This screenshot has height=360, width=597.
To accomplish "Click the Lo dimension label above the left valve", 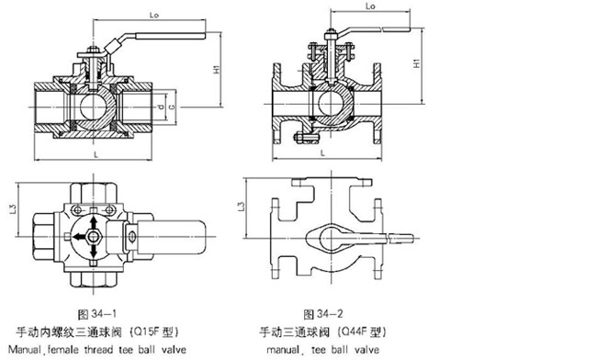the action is point(153,16).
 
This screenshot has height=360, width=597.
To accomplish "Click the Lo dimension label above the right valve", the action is point(370,6).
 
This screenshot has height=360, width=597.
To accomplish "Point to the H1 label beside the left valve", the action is point(217,69).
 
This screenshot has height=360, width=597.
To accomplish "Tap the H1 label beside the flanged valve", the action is point(417,63).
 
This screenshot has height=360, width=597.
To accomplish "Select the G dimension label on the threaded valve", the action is point(172,107).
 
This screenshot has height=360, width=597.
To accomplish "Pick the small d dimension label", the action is point(162,107).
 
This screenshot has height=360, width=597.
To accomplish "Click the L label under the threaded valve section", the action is point(96,154).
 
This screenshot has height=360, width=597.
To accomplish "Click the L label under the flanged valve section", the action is point(323,153).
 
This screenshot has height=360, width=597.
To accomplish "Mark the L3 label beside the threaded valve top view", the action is point(14,208).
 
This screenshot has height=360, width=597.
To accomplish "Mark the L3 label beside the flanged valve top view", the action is point(242,206).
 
